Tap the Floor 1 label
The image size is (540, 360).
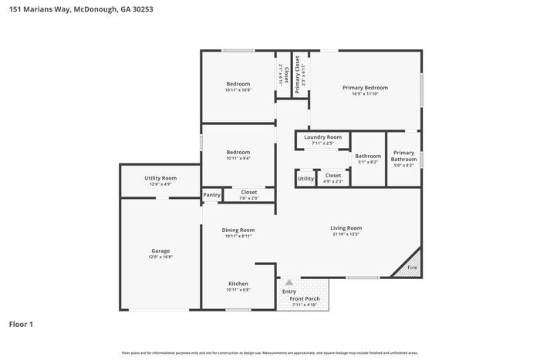click(21, 325)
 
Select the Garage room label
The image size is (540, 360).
click(160, 251)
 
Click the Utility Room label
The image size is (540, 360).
click(160, 178)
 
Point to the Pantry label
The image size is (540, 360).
click(211, 195)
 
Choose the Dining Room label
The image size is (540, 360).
click(238, 230)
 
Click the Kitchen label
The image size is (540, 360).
click(238, 284)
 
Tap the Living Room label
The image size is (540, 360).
click(346, 228)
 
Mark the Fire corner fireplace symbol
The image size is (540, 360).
click(412, 267)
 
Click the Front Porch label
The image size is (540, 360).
click(305, 298)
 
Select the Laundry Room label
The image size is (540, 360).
click(322, 136)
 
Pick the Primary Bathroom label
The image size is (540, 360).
click(403, 156)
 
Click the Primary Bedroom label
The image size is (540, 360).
click(365, 88)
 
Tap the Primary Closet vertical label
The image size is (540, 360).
click(298, 74)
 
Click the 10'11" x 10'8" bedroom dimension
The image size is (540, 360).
click(238, 89)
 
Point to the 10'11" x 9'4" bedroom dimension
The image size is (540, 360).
click(238, 159)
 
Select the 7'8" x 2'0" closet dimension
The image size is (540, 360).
click(248, 198)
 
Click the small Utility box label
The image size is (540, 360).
click(305, 179)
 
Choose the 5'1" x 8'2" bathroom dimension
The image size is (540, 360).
click(368, 162)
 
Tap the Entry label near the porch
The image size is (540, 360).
click(289, 291)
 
